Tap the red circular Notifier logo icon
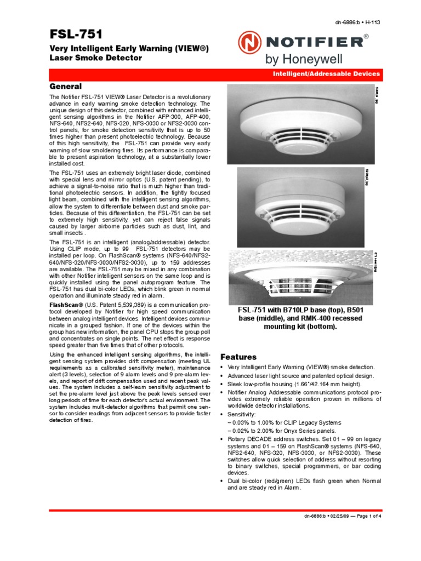coord(249,43)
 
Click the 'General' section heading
coord(66,87)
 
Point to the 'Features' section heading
coord(238,356)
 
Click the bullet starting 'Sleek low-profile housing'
coord(297,385)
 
